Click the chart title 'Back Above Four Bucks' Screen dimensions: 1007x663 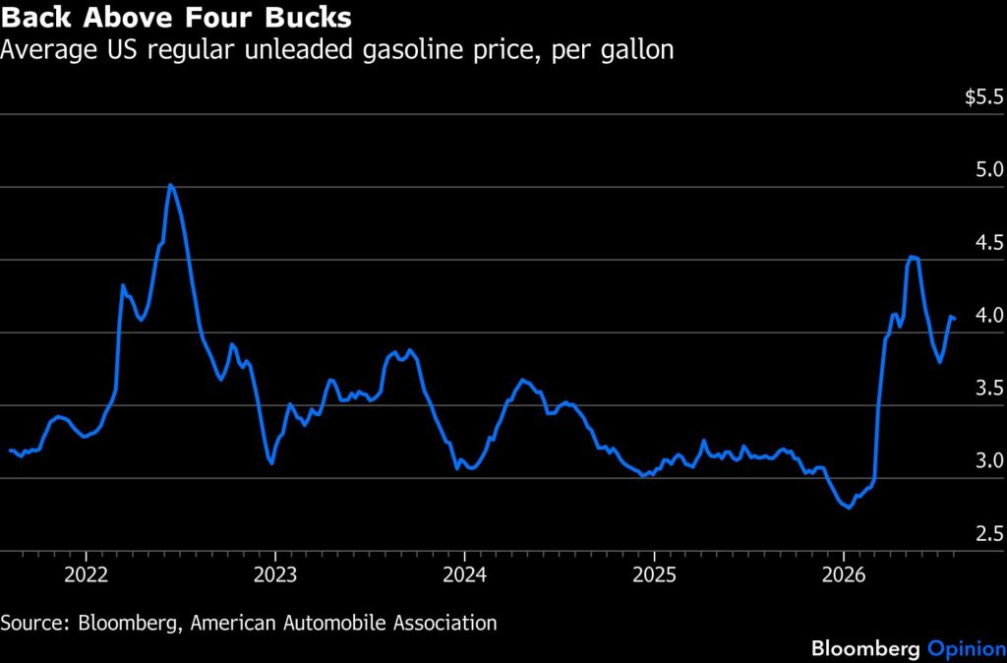(x=176, y=17)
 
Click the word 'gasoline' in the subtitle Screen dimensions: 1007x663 (x=408, y=49)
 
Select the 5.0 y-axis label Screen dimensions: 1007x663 (x=990, y=170)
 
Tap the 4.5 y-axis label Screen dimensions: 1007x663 (x=990, y=243)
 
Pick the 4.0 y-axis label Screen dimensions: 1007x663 (x=990, y=316)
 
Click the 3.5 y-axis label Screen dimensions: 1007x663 (x=990, y=389)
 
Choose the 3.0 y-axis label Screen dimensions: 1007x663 (x=990, y=461)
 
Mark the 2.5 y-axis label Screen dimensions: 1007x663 (x=990, y=534)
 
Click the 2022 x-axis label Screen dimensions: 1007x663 (x=87, y=575)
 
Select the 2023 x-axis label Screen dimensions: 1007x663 (x=275, y=575)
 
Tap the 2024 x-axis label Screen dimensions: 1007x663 (x=464, y=575)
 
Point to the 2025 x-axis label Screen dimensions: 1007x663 (x=654, y=575)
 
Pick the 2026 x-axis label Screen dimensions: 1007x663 (x=843, y=575)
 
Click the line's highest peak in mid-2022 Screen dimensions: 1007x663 (x=169, y=185)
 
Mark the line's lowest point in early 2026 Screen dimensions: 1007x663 (x=850, y=508)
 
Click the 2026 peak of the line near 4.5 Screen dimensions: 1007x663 (x=913, y=257)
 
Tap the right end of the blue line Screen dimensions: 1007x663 (x=954, y=318)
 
